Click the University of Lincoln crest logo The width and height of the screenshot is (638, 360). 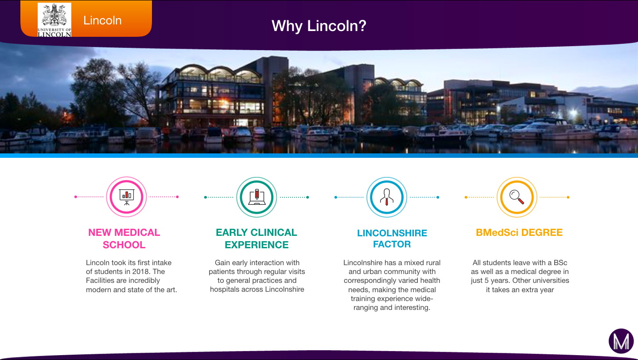click(x=54, y=20)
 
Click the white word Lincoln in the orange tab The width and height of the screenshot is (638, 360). click(x=102, y=20)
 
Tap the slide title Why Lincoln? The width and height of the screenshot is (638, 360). click(x=319, y=26)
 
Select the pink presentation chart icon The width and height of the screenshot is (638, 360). click(x=126, y=197)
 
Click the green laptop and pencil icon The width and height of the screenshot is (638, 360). click(x=257, y=197)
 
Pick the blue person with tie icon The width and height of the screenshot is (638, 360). click(x=387, y=197)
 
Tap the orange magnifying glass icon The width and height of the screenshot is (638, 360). click(x=517, y=197)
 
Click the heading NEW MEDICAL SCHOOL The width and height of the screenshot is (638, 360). click(x=124, y=239)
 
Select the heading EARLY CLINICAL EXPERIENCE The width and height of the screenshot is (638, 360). click(x=257, y=239)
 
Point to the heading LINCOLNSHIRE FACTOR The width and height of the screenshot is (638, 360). click(x=392, y=239)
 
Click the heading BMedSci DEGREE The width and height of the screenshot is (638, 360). click(x=519, y=233)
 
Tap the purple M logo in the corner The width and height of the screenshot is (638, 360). click(x=621, y=341)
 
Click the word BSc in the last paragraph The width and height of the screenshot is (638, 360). click(x=560, y=262)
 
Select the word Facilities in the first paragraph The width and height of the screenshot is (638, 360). click(x=100, y=281)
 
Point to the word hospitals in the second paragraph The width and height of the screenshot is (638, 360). click(x=224, y=290)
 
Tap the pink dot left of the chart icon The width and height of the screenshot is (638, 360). click(x=75, y=197)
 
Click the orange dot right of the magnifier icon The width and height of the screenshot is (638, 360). click(x=568, y=197)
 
